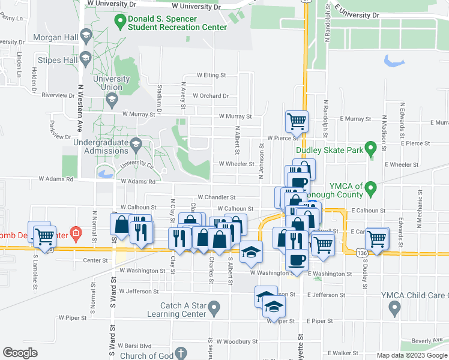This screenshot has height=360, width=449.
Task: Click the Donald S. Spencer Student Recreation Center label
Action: pos(178,23)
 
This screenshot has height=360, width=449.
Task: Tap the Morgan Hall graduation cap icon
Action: pos(86,37)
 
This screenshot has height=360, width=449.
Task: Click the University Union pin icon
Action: pos(110,101)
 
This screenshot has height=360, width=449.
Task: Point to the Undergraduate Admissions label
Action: pos(101,146)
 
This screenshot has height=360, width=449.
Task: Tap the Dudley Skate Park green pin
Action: pos(371,147)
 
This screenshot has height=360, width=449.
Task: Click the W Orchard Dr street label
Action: pos(206,96)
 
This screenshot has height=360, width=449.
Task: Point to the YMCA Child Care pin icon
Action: pos(394,308)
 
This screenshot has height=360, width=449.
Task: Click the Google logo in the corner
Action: pos(20,353)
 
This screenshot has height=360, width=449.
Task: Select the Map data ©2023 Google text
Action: pos(412,355)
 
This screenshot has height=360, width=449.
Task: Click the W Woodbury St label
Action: pos(237,341)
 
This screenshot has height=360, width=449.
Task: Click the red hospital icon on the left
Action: pos(76,232)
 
